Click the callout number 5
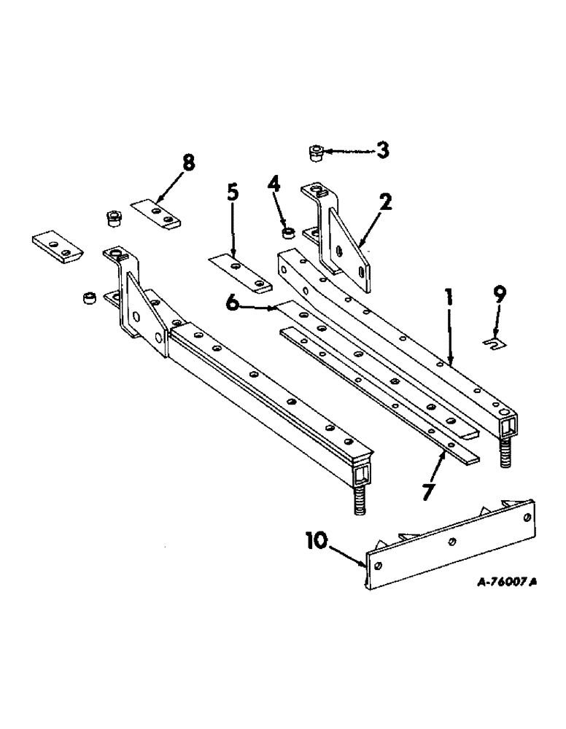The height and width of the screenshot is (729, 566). click(232, 194)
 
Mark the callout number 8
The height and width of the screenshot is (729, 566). click(189, 163)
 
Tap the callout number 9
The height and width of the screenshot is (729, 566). click(498, 296)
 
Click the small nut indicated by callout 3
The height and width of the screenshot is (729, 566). click(314, 153)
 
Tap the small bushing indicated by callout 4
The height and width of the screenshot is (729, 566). click(288, 233)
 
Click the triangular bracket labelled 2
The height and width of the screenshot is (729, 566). click(349, 248)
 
